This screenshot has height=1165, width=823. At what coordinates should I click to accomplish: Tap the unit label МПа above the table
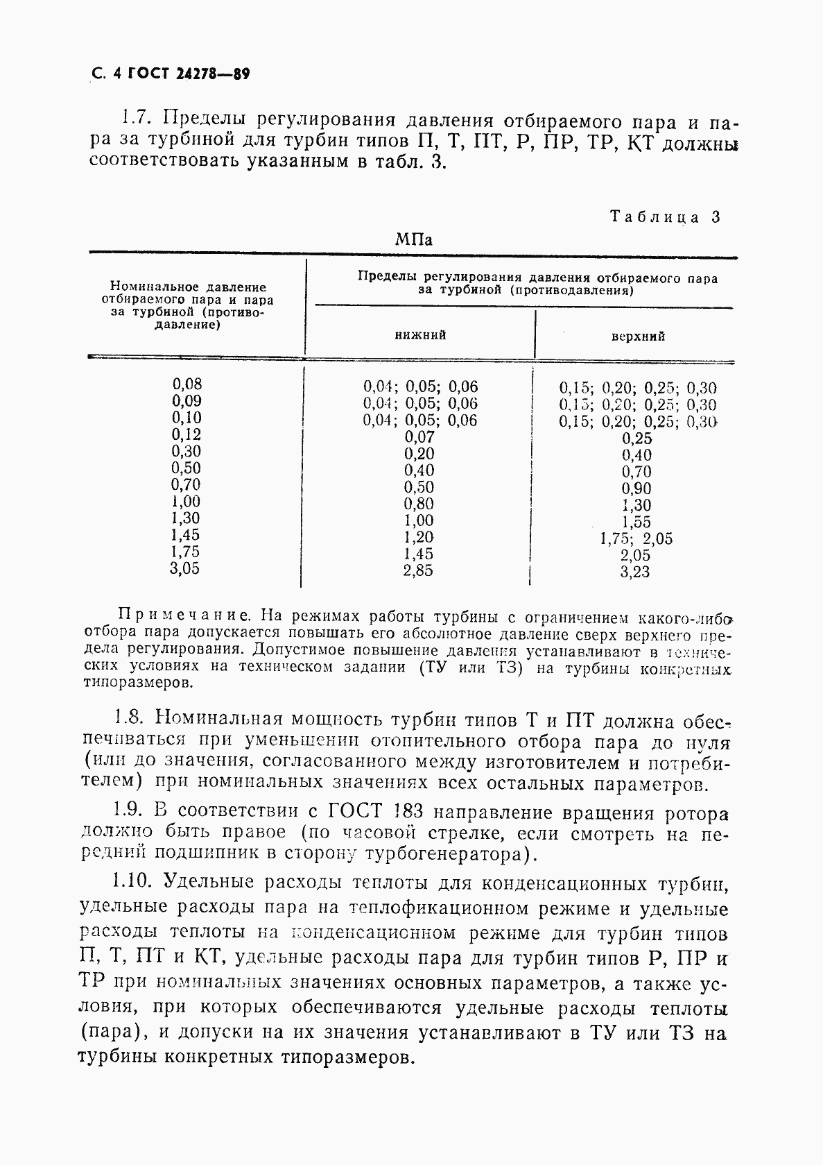(413, 240)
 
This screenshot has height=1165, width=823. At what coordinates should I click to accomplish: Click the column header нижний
(420, 335)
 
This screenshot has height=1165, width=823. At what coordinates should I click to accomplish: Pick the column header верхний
(637, 337)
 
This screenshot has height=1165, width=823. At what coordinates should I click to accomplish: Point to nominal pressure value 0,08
(187, 384)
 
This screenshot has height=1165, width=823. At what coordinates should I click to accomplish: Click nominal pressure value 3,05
(185, 568)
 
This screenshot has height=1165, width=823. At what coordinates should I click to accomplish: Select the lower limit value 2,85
(419, 571)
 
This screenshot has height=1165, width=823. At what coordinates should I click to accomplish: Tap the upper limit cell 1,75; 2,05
(636, 538)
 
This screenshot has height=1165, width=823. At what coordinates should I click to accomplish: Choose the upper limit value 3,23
(636, 572)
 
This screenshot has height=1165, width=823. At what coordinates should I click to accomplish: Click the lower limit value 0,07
(419, 437)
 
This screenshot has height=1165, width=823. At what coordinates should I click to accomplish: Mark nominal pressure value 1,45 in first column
(185, 535)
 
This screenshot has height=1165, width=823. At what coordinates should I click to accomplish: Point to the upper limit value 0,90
(636, 488)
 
